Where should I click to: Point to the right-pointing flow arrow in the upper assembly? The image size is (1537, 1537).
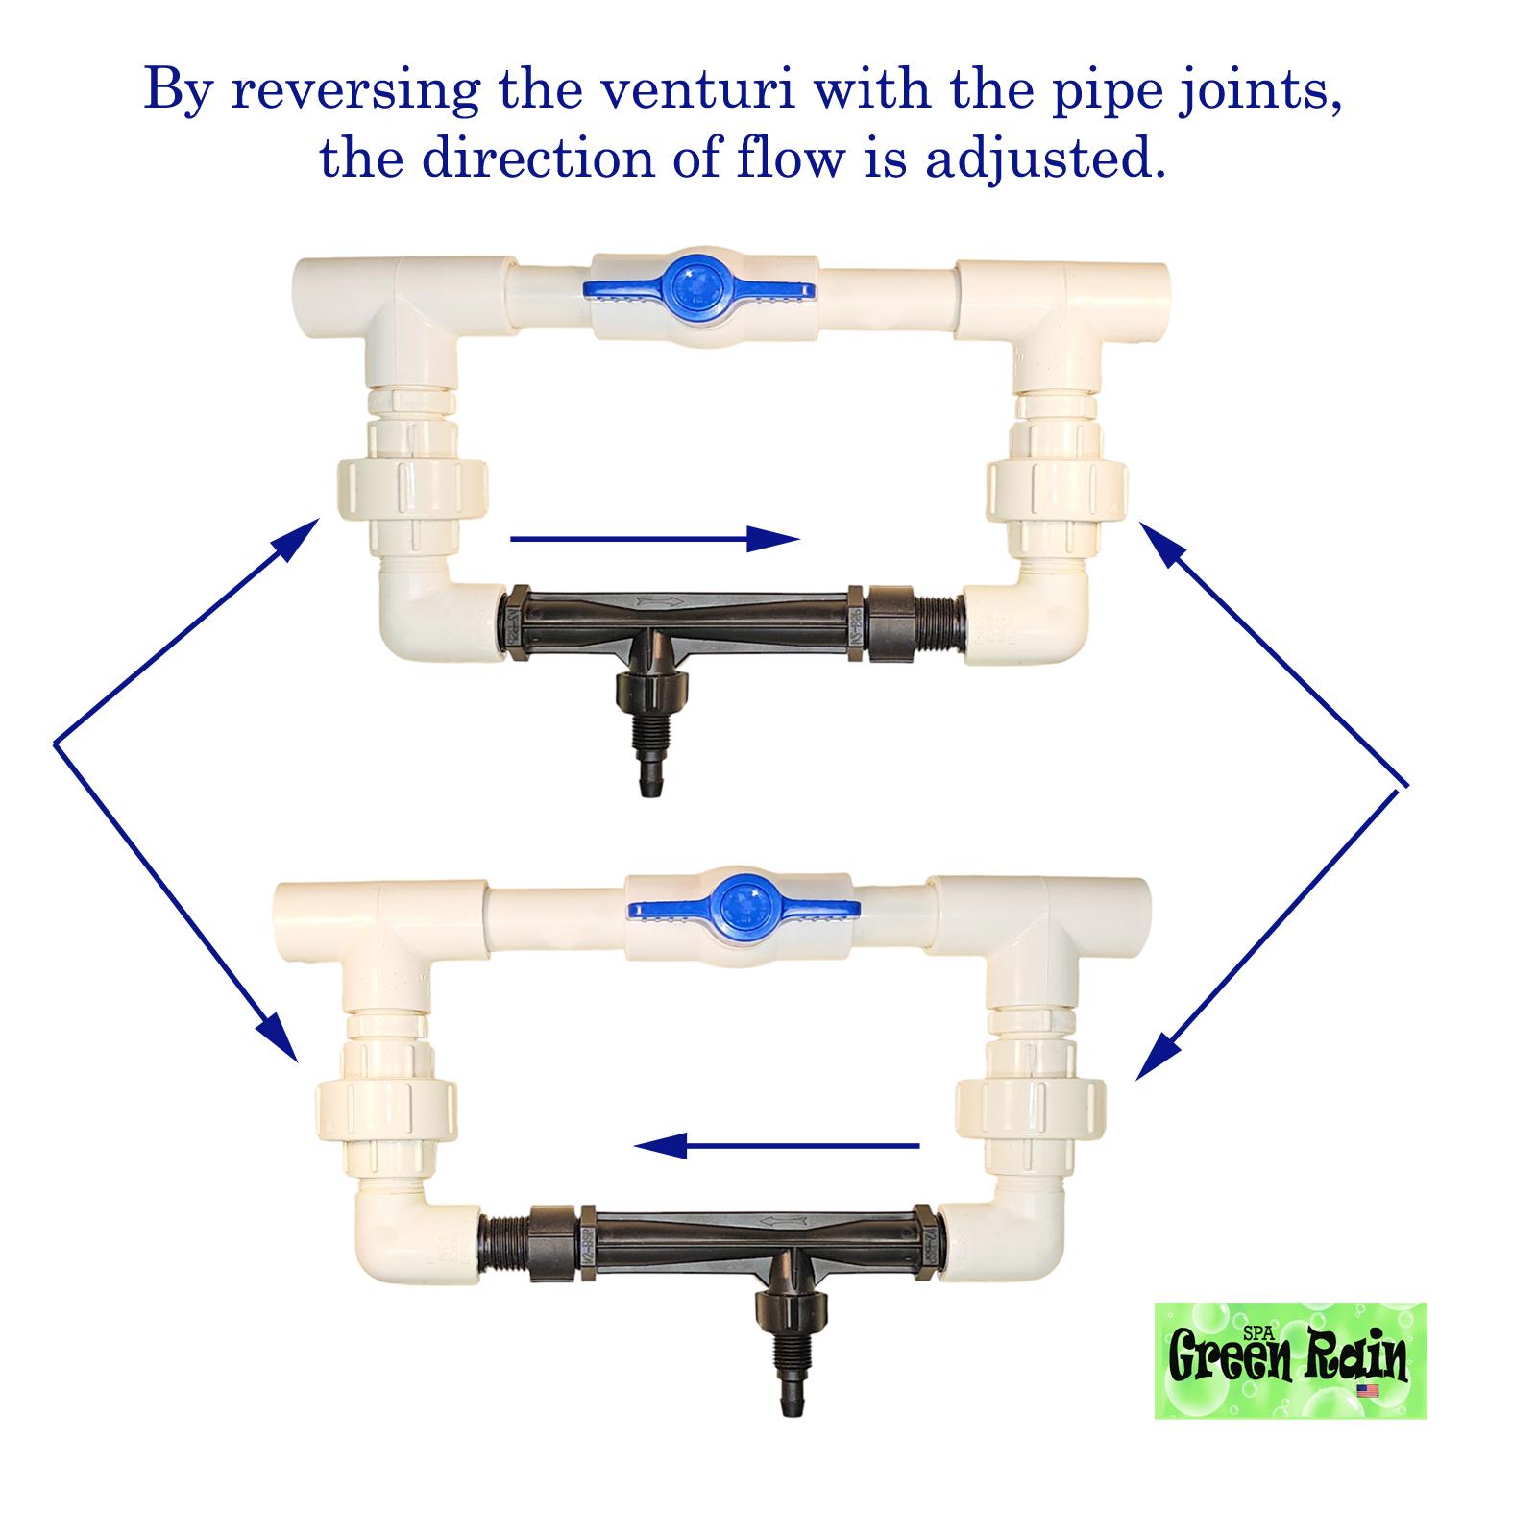click(x=653, y=539)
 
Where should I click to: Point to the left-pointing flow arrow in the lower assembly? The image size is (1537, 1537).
click(x=778, y=1145)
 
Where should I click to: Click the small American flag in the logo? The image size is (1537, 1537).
click(x=1368, y=1390)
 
